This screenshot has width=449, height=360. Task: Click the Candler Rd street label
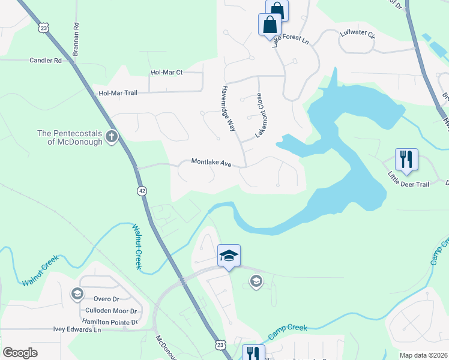click(x=46, y=61)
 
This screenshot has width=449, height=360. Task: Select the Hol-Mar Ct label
click(x=166, y=73)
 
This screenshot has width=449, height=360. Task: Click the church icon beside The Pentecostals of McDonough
click(x=111, y=137)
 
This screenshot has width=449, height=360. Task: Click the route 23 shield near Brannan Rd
click(x=43, y=28)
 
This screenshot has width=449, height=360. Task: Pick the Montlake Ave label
click(x=211, y=162)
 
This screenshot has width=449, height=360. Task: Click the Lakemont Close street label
click(x=260, y=115)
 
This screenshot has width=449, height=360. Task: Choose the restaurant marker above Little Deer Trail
click(x=406, y=160)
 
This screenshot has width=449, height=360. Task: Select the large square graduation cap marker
click(x=229, y=257)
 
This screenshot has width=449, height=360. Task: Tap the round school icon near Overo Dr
click(x=77, y=293)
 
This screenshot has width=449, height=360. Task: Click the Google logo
click(x=20, y=352)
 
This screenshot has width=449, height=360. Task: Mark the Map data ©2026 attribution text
click(x=423, y=355)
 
